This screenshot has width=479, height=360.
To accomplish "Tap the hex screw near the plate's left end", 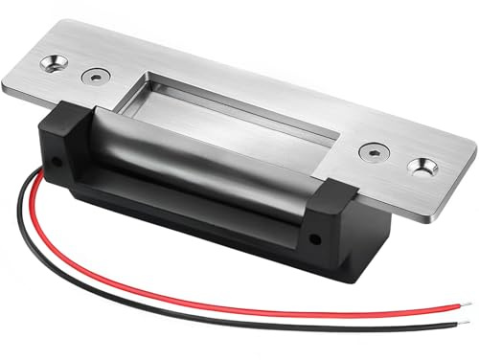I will (93, 76).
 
